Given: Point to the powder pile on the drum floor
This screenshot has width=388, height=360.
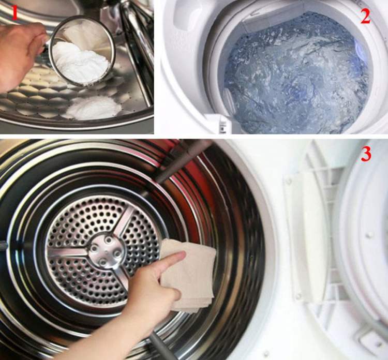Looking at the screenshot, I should [x=94, y=108].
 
